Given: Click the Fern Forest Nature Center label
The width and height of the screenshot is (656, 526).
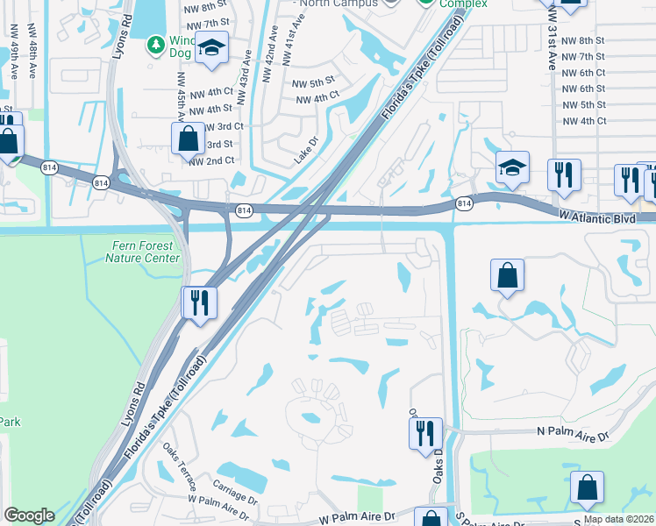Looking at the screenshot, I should coord(142,252).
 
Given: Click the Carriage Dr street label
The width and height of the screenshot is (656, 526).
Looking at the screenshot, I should coord(234,485).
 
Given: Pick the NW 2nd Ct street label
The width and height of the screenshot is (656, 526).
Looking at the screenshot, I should coord(211,160).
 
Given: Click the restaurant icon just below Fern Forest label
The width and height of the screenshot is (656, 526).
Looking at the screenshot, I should coord(199,302).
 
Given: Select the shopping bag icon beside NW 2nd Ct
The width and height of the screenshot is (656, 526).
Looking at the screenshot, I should coord(189,138).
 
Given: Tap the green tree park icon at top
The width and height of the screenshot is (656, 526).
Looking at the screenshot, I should coord(155,43).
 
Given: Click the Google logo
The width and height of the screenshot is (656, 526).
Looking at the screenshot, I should coord(29,515).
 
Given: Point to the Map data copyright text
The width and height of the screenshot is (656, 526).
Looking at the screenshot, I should coord(618,519).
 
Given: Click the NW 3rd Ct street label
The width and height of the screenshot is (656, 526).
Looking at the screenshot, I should coord(223,126).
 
